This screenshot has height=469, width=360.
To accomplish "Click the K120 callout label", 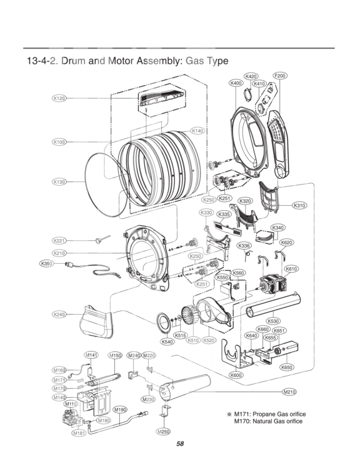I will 59,98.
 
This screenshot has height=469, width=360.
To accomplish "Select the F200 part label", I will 279,76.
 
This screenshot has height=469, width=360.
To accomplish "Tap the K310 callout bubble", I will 299,205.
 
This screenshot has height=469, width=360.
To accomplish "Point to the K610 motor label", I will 291,269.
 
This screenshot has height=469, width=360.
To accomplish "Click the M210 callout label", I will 289,392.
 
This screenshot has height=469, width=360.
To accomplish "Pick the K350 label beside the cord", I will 46,264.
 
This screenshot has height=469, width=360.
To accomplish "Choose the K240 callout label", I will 59,314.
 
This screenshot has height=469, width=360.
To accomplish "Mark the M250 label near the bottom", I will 162,431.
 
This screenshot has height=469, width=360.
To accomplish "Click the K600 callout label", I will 236,375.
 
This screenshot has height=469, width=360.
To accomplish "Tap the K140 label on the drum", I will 197,131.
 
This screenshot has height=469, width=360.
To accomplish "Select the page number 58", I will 180,444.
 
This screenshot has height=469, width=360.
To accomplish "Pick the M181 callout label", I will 79,433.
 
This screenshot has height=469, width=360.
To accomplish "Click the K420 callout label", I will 252,76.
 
